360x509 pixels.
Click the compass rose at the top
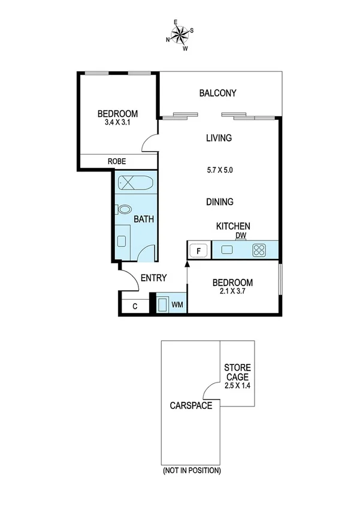[179, 35]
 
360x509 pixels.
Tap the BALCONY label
[217, 93]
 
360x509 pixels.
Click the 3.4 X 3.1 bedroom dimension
[118, 124]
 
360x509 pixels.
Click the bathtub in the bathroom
[135, 183]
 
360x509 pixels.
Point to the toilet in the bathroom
[124, 209]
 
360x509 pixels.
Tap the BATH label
[144, 219]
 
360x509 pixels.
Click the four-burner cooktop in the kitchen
[259, 250]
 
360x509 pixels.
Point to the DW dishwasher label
[241, 235]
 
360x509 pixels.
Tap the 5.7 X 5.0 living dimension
[219, 170]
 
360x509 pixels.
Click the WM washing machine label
[177, 305]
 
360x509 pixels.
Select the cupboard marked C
[135, 306]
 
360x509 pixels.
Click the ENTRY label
[153, 278]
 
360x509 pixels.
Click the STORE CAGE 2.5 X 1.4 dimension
[238, 386]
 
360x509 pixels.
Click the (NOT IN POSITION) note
[192, 471]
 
